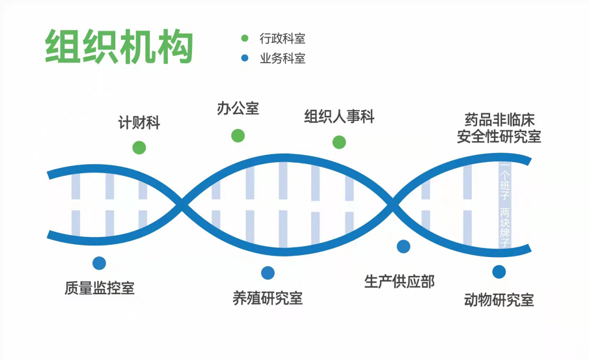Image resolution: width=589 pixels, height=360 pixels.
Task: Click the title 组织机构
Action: [119, 46]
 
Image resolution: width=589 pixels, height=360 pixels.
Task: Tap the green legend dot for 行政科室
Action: [245, 39]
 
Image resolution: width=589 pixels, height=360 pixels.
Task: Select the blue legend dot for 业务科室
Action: [245, 59]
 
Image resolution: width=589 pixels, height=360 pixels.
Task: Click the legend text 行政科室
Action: [282, 39]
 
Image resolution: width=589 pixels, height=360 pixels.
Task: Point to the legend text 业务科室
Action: [282, 59]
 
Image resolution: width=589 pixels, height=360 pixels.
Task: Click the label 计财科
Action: [139, 122]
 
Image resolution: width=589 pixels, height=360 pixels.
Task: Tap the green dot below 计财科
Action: [139, 147]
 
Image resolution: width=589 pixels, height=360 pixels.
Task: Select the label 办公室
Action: [238, 108]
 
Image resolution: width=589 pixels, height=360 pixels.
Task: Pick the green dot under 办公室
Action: [238, 135]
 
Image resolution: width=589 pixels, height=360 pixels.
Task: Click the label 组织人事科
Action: [340, 117]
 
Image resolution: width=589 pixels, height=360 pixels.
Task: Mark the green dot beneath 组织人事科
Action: [339, 142]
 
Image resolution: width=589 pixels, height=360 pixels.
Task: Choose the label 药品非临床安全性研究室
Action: [499, 128]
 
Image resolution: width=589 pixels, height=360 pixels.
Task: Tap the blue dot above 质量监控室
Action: [99, 263]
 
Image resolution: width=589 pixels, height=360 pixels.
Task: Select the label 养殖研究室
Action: [267, 298]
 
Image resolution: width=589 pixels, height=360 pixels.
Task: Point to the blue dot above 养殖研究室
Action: [267, 273]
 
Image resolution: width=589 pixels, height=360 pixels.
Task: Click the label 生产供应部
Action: [400, 281]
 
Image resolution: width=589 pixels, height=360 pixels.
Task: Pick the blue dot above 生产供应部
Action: [404, 246]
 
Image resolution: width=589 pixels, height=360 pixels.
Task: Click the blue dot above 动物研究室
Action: [499, 271]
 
